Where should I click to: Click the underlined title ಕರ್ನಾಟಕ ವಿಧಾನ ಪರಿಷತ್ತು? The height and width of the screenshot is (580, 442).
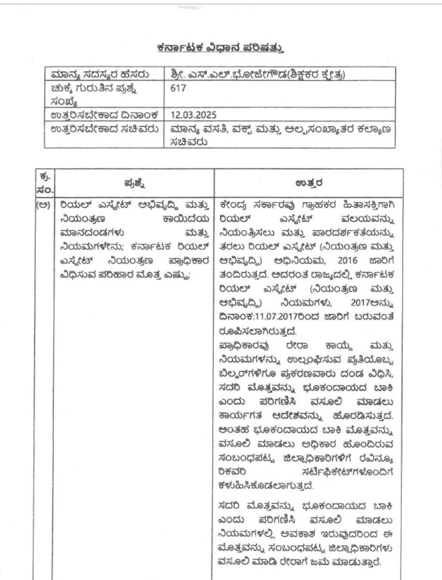(x=220, y=48)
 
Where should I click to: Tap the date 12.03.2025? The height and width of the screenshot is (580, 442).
(x=193, y=115)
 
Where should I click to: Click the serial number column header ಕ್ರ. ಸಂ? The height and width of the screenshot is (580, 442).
(x=46, y=183)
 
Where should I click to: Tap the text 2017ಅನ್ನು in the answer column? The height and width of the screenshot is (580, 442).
(x=372, y=304)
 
